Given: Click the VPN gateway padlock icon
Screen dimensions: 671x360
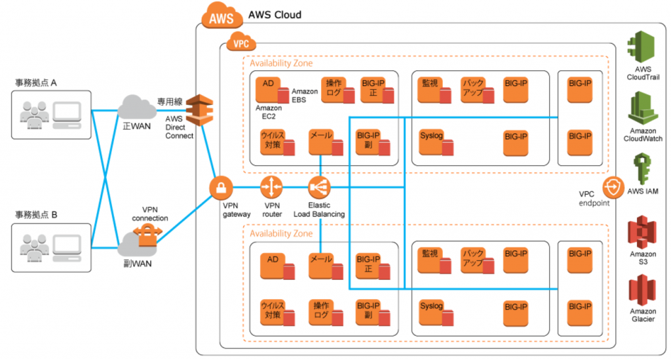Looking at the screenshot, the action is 221,188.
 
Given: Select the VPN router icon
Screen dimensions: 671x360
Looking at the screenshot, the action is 271,188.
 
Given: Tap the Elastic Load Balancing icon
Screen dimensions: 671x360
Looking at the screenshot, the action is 319,188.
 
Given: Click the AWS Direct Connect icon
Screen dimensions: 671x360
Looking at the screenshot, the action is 199,110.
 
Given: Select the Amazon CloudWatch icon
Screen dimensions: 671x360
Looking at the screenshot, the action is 643,108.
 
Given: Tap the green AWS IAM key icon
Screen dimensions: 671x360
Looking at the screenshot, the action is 642,169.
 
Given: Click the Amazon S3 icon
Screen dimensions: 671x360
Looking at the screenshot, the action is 642,232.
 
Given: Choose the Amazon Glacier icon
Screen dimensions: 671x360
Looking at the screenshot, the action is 642,290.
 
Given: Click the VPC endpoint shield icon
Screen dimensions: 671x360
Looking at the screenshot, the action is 613,188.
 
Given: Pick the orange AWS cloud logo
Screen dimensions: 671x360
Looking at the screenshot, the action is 221,16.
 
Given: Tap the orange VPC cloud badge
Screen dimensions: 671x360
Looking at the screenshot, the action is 241,42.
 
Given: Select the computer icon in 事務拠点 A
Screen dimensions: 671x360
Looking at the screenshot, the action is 67,115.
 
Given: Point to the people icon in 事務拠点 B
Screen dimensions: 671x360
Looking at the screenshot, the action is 34,248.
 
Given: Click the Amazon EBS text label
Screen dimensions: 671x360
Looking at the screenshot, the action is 305,96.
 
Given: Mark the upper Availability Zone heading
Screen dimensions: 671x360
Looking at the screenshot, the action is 281,63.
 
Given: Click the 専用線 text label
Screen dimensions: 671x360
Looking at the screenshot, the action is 170,102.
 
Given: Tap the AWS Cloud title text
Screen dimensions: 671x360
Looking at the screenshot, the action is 275,14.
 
